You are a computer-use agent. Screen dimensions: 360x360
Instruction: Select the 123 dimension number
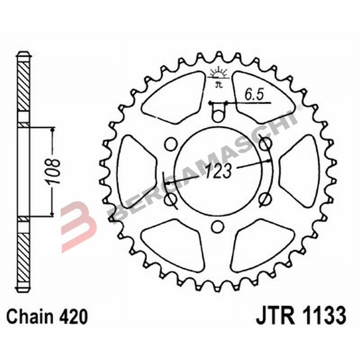pyautogui.click(x=219, y=171)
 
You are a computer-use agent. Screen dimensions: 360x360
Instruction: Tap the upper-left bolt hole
pyautogui.click(x=170, y=144)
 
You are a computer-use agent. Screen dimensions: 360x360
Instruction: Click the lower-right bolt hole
pyautogui.click(x=265, y=198)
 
